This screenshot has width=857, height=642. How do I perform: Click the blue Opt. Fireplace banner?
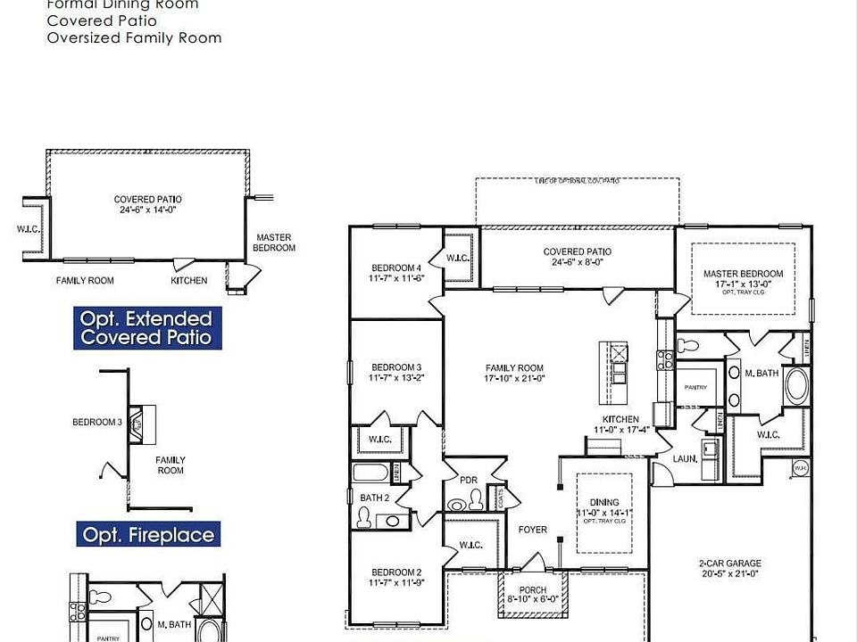click(x=148, y=535)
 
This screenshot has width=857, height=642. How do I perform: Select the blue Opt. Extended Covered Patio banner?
click(x=146, y=327)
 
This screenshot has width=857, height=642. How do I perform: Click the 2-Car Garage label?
click(x=729, y=563)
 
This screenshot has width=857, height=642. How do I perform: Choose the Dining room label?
click(x=604, y=503)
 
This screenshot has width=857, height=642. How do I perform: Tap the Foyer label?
click(x=533, y=530)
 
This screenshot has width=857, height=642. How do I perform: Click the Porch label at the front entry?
click(x=533, y=589)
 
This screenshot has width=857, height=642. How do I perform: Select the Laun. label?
click(x=685, y=458)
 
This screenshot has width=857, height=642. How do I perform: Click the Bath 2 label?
click(x=374, y=498)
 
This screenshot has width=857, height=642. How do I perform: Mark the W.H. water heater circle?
click(x=800, y=467)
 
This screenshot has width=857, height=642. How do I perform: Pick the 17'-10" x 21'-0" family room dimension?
click(x=514, y=378)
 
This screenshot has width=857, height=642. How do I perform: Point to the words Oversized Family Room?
click(x=134, y=38)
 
